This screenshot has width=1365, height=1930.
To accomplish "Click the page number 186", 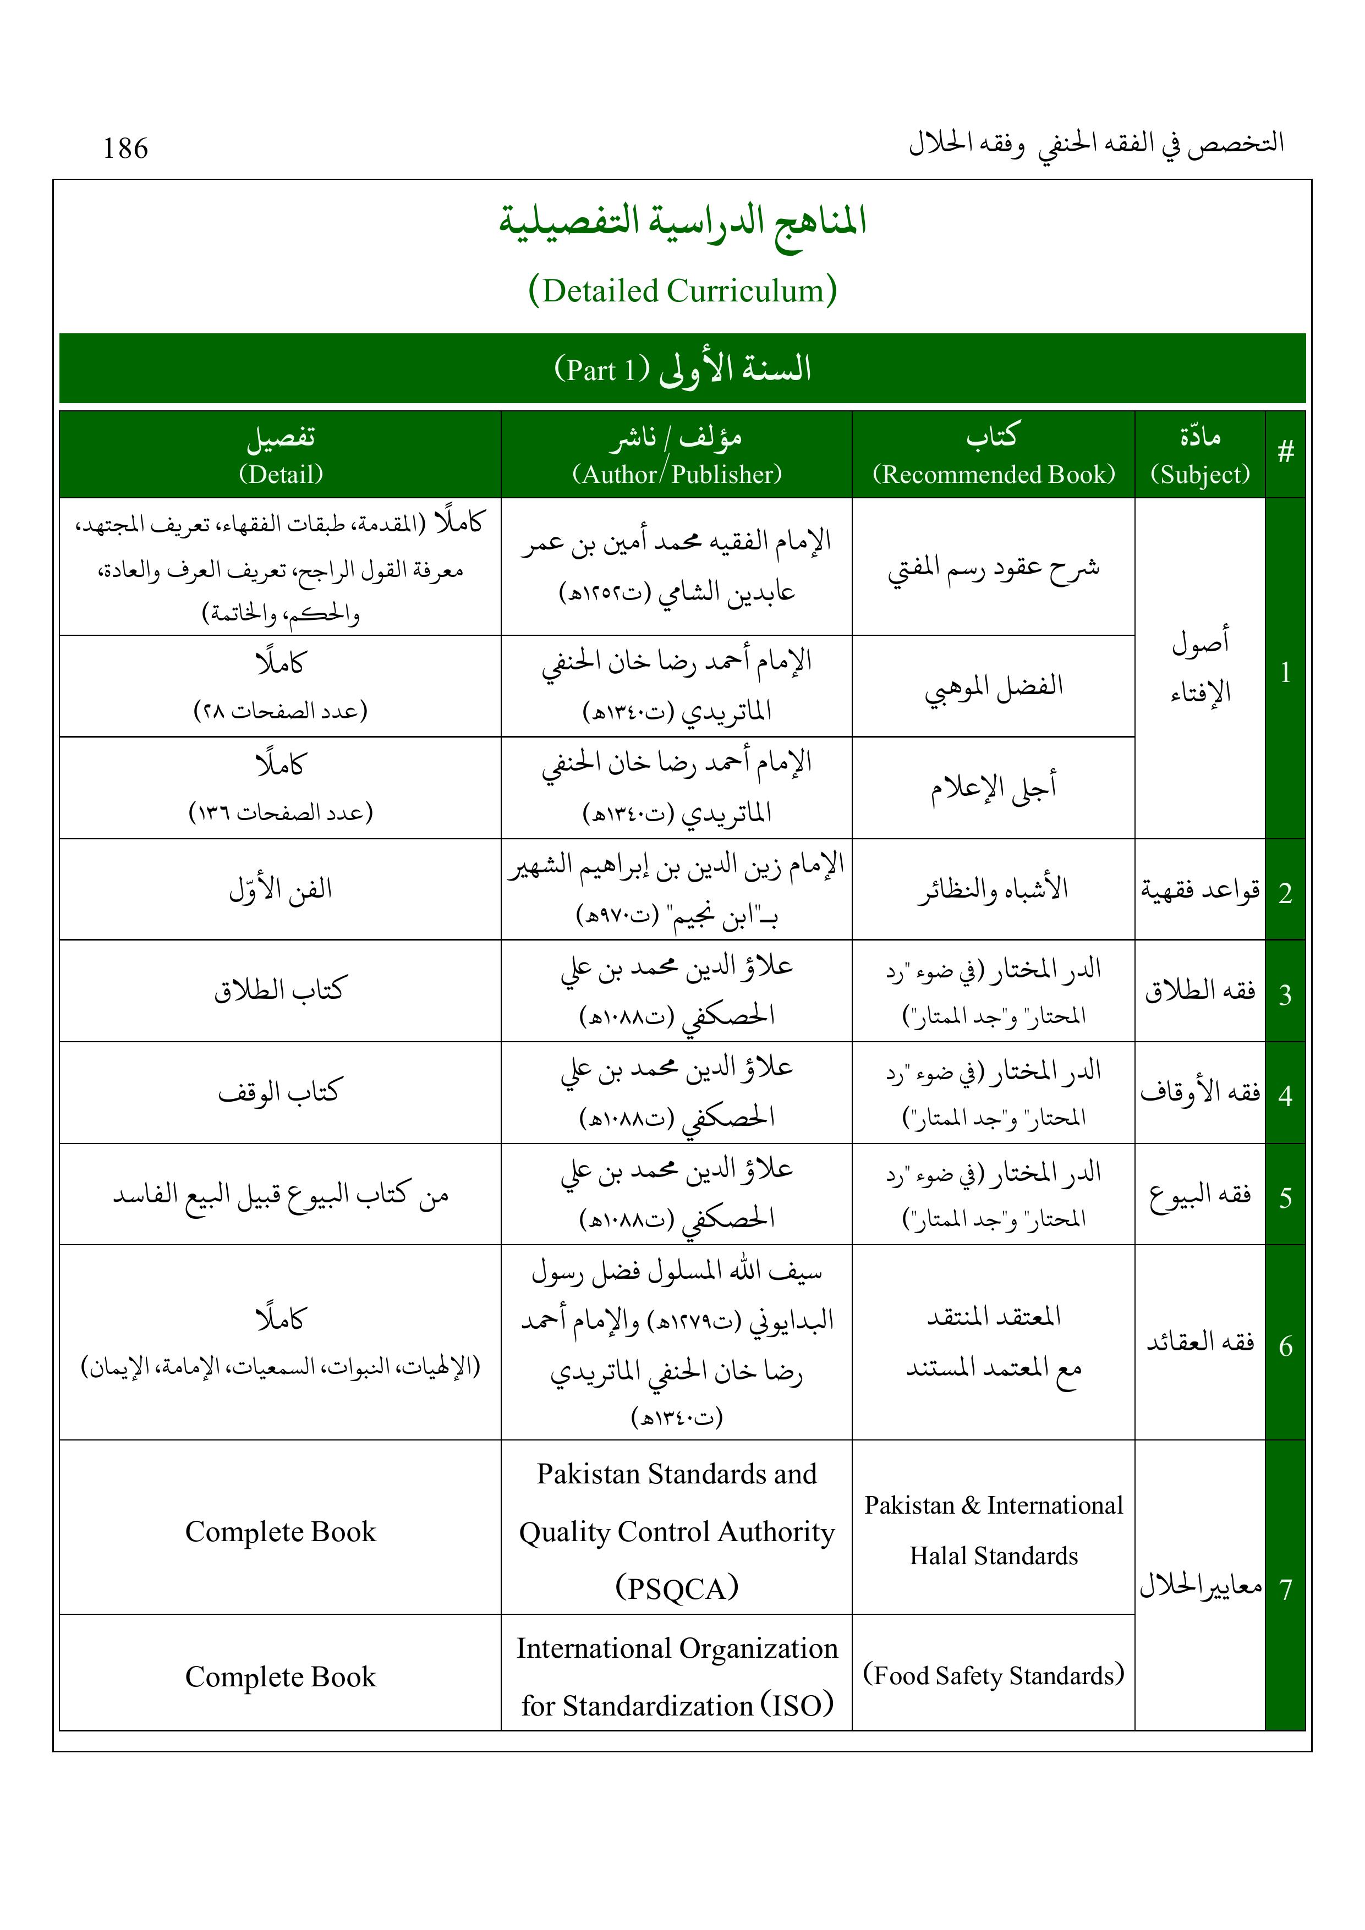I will tap(125, 149).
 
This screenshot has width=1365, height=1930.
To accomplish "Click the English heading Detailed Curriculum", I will tap(682, 291).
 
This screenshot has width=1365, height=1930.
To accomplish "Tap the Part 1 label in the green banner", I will tap(602, 370).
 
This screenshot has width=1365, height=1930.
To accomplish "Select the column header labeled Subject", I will tap(1200, 474).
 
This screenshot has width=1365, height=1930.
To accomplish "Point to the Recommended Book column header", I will tap(993, 474).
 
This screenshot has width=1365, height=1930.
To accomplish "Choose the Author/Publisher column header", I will tap(677, 474).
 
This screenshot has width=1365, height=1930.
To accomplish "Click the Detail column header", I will tap(280, 474).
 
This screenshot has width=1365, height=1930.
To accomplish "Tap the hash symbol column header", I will tap(1285, 453).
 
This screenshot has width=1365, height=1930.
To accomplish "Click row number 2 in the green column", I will tap(1285, 893).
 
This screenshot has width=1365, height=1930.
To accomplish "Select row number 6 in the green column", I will tap(1285, 1346).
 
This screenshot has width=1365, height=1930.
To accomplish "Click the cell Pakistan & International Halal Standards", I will tap(993, 1530).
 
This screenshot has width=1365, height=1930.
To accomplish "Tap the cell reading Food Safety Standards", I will tap(993, 1675).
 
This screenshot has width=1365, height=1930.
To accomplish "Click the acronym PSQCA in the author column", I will tap(677, 1588).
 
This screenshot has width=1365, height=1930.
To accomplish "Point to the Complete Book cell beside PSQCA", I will tap(280, 1532).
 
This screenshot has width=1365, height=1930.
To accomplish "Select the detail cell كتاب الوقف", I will tap(280, 1092).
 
